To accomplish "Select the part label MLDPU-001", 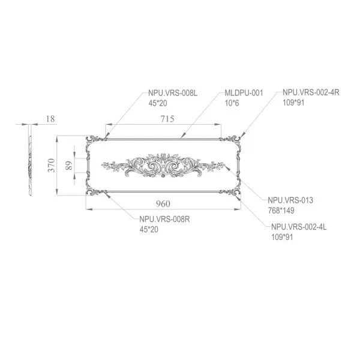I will pos(244,94).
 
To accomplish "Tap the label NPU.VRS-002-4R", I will pos(311,94).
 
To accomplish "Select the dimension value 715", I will pos(167,119).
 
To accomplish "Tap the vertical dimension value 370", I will pos(52,166).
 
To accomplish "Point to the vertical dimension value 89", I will pos(68,166).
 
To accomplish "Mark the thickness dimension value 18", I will pos(50,119).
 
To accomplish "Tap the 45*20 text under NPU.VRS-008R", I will pos(151,229).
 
